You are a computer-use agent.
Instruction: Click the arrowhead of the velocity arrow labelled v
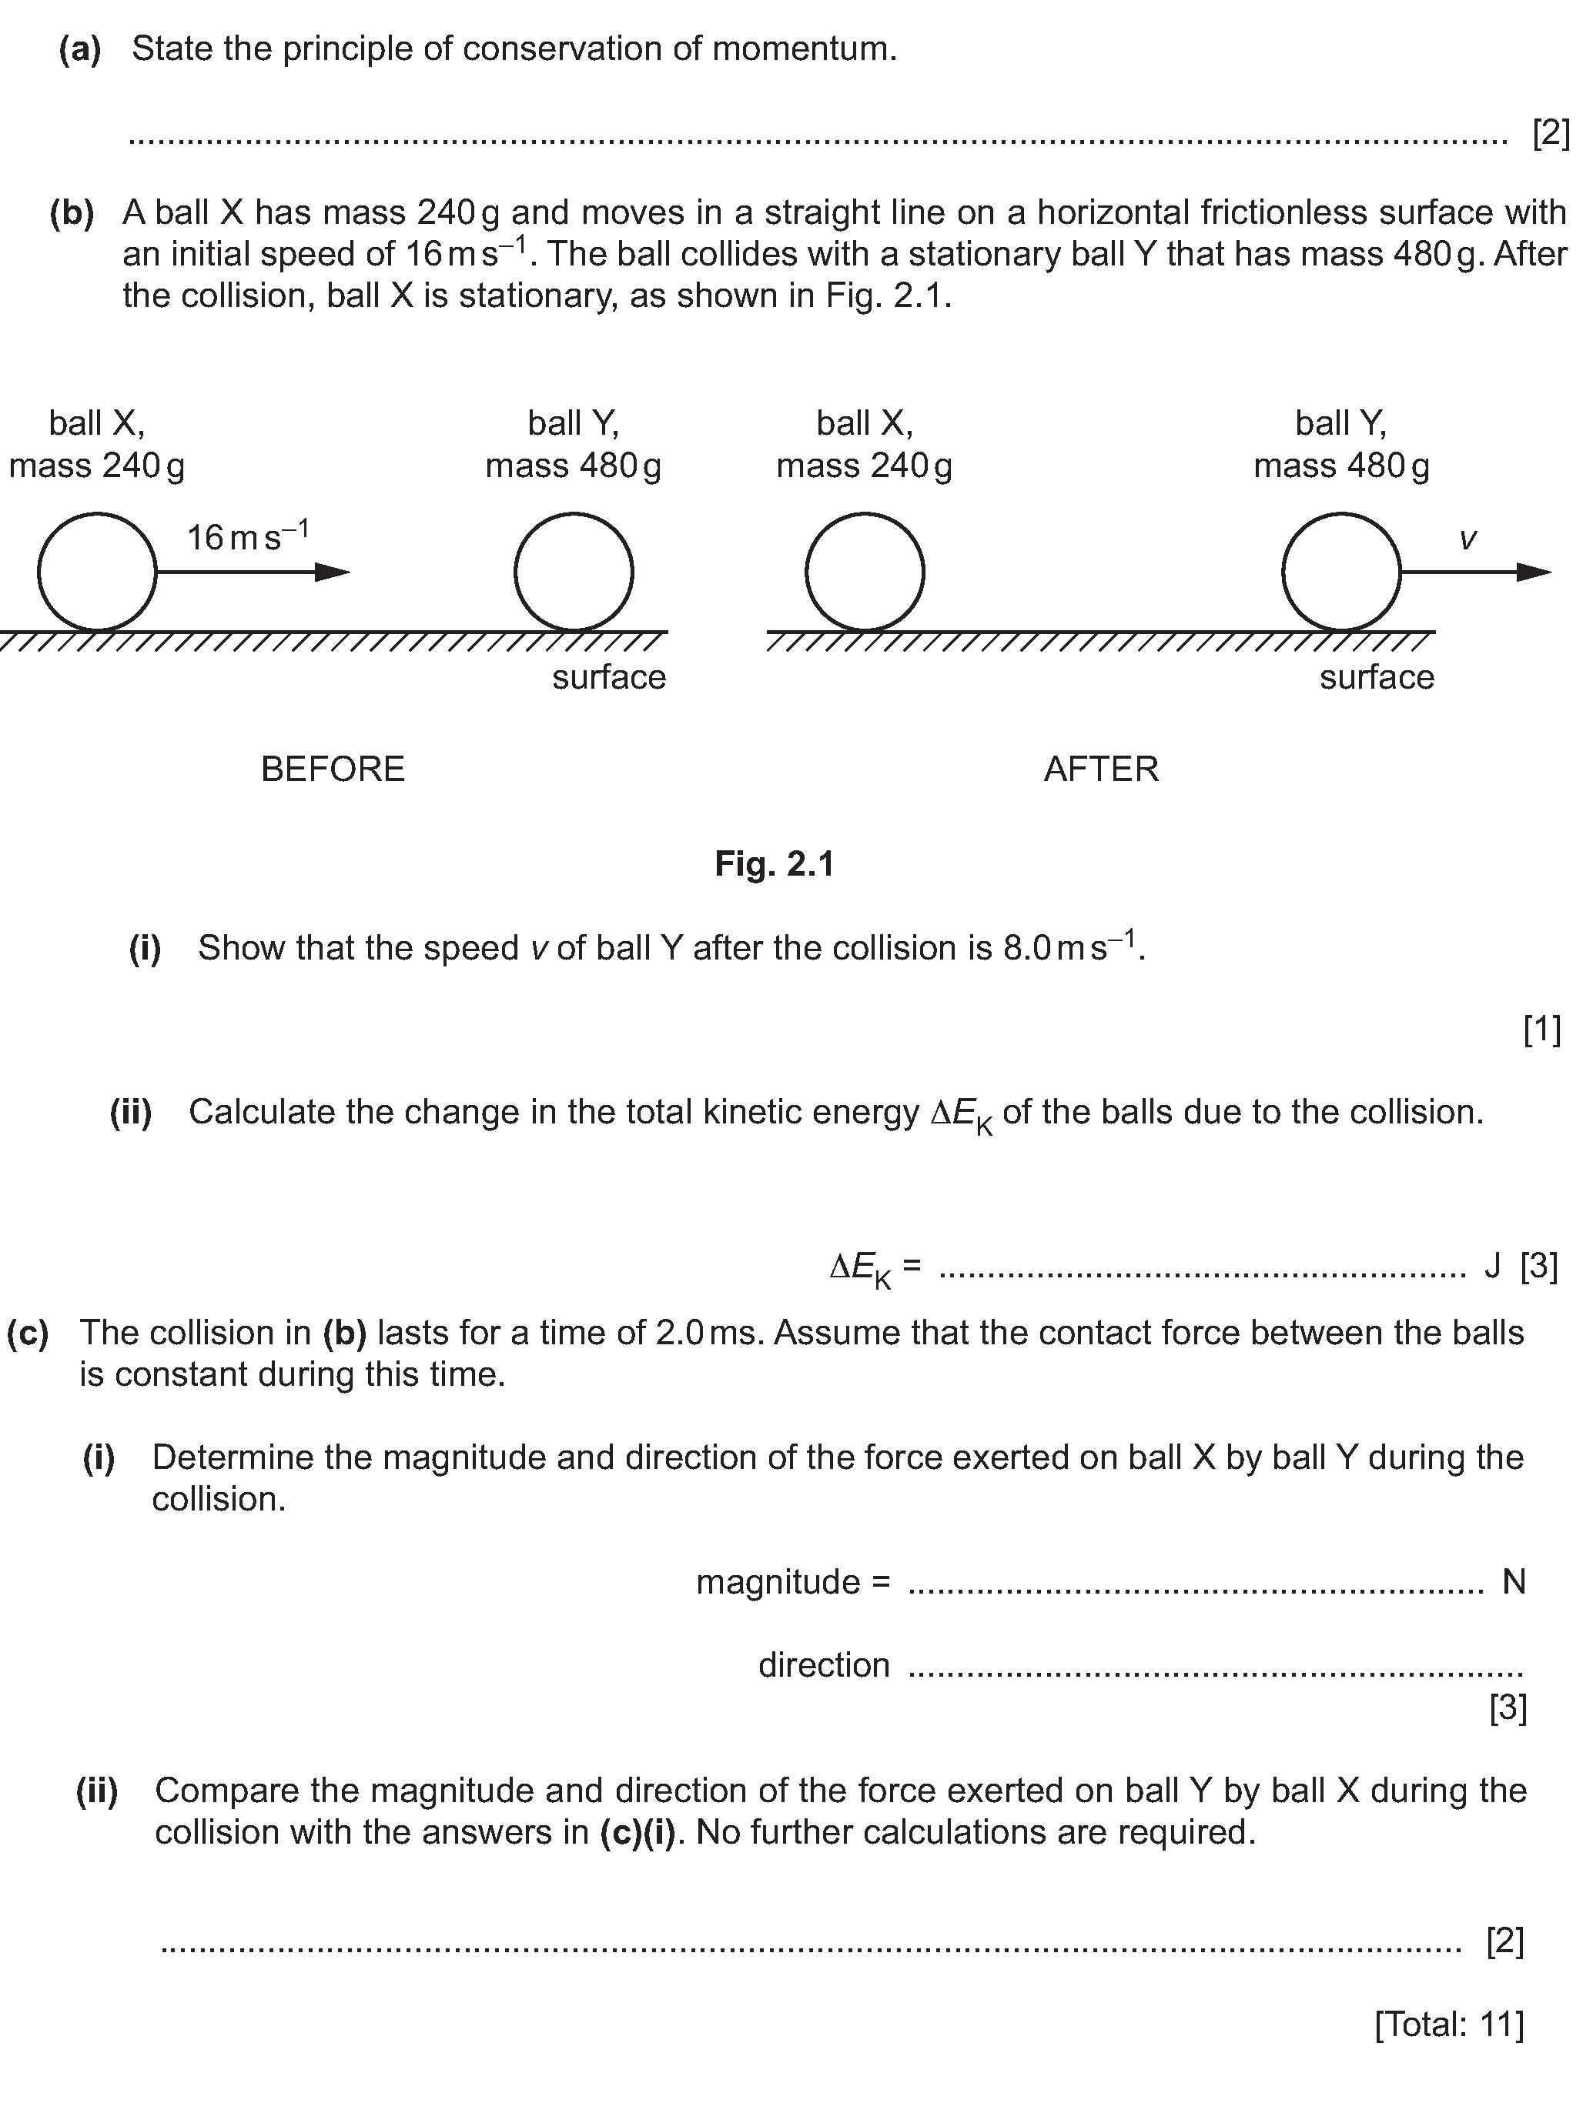pos(1534,572)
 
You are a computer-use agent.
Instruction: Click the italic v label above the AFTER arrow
pos(1468,540)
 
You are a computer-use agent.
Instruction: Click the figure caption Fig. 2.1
pos(774,864)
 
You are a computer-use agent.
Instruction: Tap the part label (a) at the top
pos(80,49)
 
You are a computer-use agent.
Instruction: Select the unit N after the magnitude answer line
pos(1513,1582)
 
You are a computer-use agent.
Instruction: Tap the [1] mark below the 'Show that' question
pos(1541,1030)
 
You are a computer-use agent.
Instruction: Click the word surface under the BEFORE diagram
pos(609,678)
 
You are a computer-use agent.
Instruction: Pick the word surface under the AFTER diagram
pos(1376,678)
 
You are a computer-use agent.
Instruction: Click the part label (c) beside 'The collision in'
pos(28,1334)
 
